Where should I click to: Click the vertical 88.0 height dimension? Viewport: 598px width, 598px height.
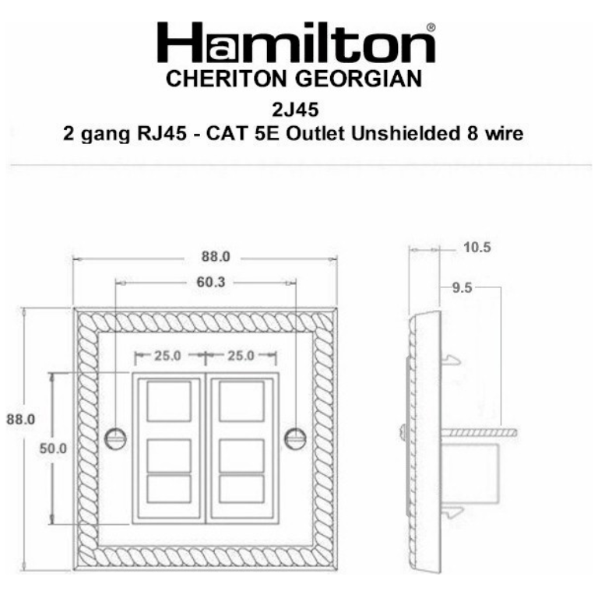point(21,418)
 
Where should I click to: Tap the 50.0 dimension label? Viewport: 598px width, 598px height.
point(53,448)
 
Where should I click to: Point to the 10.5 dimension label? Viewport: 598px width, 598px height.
point(477,248)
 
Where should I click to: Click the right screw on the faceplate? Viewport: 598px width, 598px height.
point(294,438)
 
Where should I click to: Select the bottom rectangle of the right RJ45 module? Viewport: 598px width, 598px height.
point(241,488)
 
